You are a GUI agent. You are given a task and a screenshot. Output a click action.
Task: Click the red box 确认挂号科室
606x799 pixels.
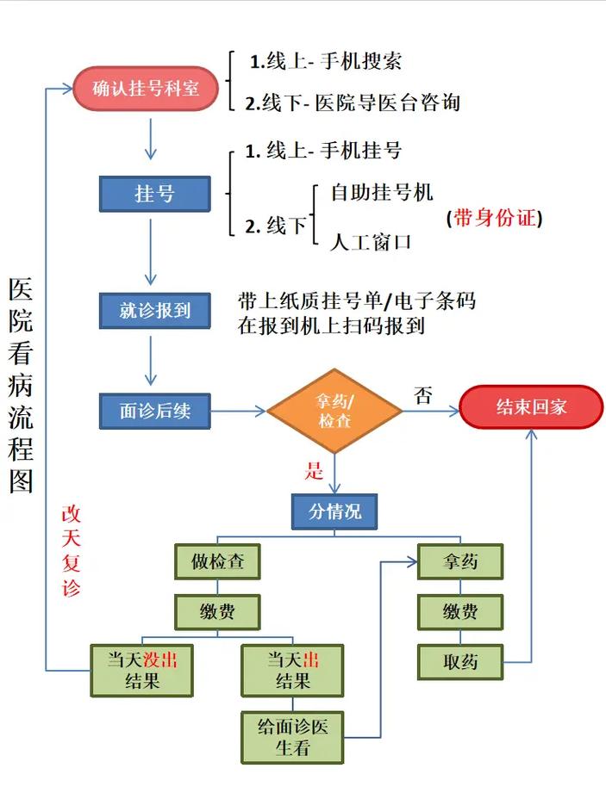pyautogui.click(x=146, y=89)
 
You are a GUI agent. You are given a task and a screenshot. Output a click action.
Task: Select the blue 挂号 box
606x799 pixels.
pyautogui.click(x=155, y=194)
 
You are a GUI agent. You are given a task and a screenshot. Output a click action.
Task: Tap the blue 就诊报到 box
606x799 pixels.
pyautogui.click(x=155, y=310)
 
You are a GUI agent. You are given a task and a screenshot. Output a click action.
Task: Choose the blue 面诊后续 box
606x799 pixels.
pyautogui.click(x=155, y=412)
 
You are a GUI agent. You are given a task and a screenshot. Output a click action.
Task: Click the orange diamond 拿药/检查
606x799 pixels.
pyautogui.click(x=334, y=411)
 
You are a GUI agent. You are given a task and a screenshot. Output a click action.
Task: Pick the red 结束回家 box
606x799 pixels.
pyautogui.click(x=531, y=406)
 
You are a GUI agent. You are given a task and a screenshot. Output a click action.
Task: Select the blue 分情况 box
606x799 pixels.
pyautogui.click(x=335, y=512)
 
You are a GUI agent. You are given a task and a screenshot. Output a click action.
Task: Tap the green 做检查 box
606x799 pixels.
pyautogui.click(x=217, y=562)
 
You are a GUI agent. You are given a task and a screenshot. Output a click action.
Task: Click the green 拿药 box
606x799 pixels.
pyautogui.click(x=460, y=562)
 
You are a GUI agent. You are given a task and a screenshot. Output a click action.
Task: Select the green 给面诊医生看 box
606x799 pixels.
pyautogui.click(x=292, y=737)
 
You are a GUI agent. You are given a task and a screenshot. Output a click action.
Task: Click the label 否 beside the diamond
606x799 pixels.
pyautogui.click(x=422, y=395)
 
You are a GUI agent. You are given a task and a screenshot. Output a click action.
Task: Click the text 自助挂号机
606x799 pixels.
pyautogui.click(x=382, y=191)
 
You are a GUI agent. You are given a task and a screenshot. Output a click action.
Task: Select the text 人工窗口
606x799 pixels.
pyautogui.click(x=371, y=242)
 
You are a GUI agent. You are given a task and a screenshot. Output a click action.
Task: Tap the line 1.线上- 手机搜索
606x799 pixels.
pyautogui.click(x=326, y=61)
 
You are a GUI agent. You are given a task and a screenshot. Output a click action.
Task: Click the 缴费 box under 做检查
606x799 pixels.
pyautogui.click(x=217, y=613)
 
